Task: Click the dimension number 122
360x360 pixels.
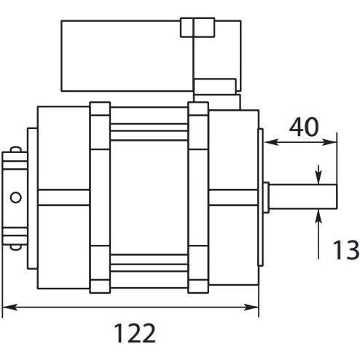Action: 135,333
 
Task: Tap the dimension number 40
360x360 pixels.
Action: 304,127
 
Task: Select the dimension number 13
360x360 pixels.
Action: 345,250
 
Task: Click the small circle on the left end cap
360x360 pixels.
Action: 16,197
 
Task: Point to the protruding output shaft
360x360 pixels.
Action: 303,196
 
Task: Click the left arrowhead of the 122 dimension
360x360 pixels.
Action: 9,308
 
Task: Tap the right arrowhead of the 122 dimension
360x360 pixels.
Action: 251,308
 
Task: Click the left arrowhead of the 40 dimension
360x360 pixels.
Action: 272,142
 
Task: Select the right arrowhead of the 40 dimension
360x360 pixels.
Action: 329,142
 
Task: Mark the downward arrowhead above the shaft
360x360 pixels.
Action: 318,177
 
